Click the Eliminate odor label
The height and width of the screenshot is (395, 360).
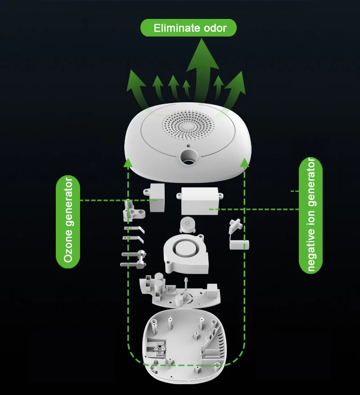pos(189,28)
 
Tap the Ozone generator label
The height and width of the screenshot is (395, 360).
pos(68,221)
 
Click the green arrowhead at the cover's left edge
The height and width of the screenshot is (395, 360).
pos(128,163)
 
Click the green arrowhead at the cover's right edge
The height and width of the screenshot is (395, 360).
pos(244,163)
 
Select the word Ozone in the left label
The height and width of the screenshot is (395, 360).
pos(68,247)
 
